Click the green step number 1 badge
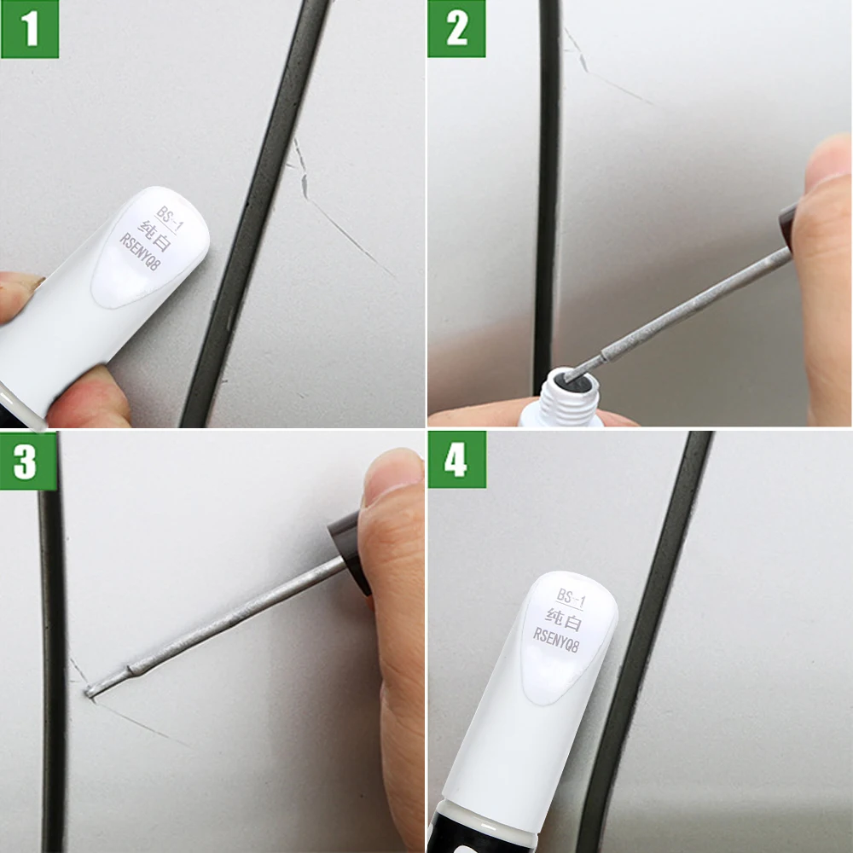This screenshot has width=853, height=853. [x=30, y=29]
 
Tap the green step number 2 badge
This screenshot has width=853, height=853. [x=457, y=29]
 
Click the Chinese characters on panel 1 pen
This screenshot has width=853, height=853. [x=159, y=235]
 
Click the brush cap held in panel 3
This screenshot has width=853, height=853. [x=348, y=546]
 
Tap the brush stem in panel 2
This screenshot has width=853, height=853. [x=682, y=307]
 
